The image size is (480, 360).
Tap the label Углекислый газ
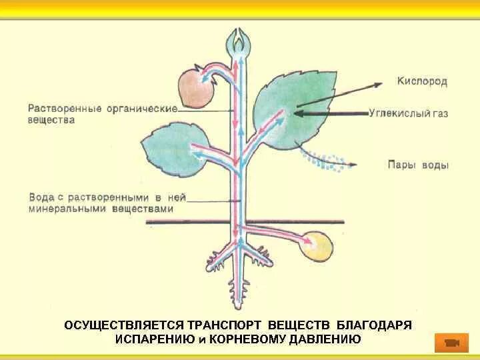pos(408,114)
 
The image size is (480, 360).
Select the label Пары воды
pos(418,165)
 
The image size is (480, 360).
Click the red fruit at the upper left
pos(195,87)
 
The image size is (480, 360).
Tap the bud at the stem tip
pos(239,43)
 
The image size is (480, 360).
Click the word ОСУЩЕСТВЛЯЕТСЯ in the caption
pos(123,325)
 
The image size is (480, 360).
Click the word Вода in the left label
pos(40,197)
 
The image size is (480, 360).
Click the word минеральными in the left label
pos(64,209)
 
